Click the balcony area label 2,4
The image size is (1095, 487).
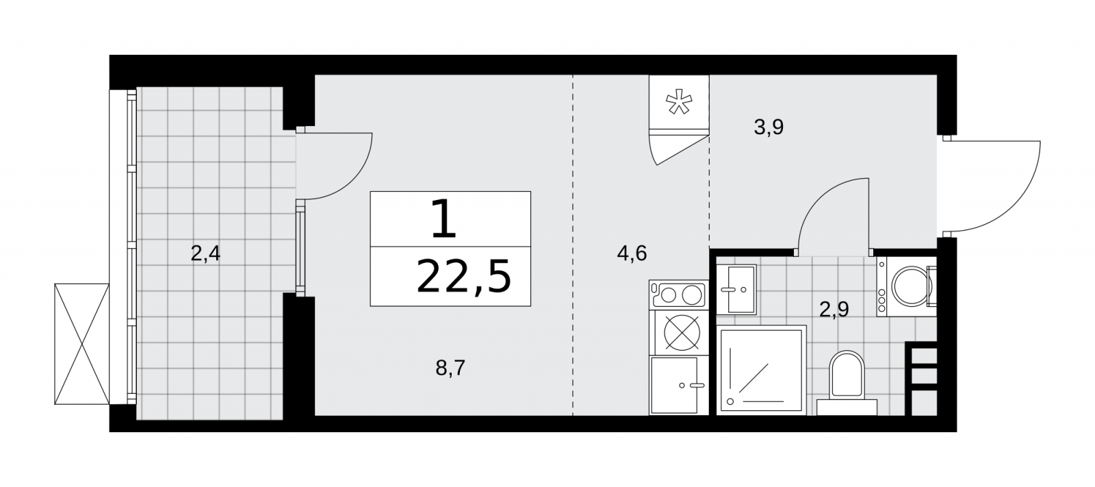(x=205, y=254)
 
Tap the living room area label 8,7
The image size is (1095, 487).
(x=450, y=368)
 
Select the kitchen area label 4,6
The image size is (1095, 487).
(x=632, y=253)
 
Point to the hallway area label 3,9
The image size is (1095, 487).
(x=769, y=127)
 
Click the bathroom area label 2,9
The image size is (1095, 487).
(x=834, y=310)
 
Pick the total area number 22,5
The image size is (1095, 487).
(x=463, y=277)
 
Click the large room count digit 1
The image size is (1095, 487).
(x=444, y=218)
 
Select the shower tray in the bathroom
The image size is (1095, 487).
(x=761, y=371)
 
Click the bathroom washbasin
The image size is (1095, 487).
(x=736, y=289)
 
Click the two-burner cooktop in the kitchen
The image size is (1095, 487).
(x=678, y=295)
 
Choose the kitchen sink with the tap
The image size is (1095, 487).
(x=678, y=385)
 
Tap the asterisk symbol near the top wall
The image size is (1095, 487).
(x=679, y=102)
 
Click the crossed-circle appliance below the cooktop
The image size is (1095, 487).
(x=682, y=333)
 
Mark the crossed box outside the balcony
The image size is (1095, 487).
(x=81, y=344)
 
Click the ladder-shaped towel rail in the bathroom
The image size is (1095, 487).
(x=921, y=378)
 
